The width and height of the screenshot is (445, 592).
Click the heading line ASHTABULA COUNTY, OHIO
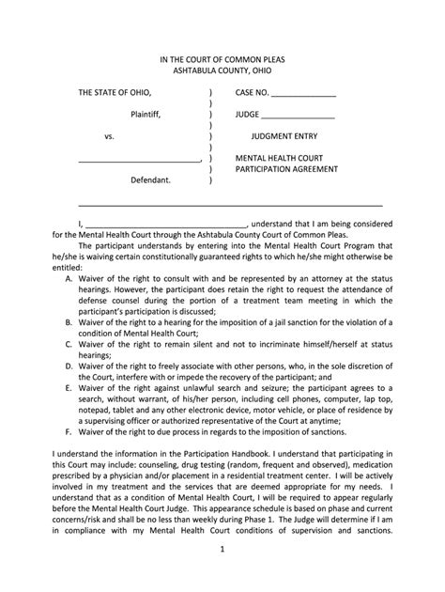click(222, 73)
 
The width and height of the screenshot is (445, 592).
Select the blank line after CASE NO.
click(303, 95)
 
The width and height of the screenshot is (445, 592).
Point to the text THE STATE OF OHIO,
click(114, 93)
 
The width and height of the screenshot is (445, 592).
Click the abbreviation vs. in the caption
click(109, 136)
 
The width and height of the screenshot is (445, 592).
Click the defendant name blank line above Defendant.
click(139, 160)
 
